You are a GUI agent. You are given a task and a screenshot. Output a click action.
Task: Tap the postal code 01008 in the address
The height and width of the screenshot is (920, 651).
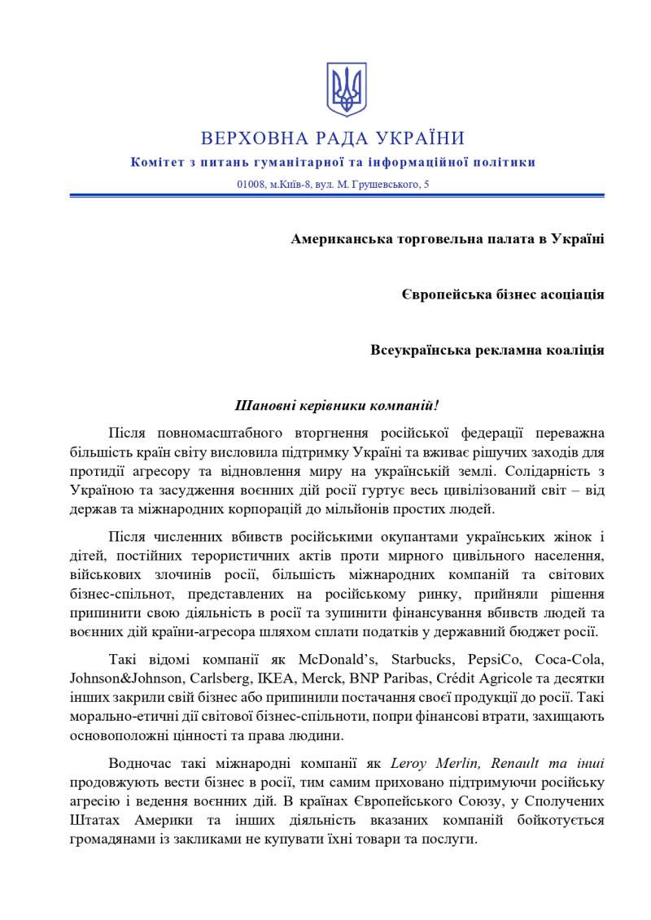click(x=251, y=185)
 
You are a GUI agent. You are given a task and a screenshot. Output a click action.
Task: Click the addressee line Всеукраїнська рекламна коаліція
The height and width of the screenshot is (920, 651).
click(x=487, y=351)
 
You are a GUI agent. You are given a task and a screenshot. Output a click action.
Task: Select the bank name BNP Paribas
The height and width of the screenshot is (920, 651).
click(x=391, y=678)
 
